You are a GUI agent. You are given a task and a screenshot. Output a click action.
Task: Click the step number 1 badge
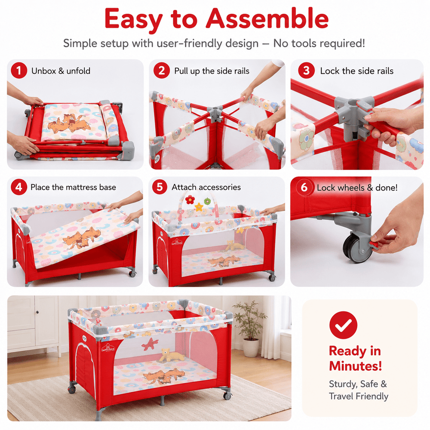(19, 71)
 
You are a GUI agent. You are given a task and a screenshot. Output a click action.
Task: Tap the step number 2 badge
(162, 71)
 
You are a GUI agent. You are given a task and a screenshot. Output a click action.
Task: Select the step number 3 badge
(306, 71)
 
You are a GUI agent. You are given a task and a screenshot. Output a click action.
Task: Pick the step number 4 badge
(19, 187)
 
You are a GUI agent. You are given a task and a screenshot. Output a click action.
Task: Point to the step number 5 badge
(160, 187)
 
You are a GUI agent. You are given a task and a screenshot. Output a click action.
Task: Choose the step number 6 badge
(304, 187)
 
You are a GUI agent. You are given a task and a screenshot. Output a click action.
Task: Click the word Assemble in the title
(267, 18)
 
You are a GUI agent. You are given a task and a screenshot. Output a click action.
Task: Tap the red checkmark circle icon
(343, 325)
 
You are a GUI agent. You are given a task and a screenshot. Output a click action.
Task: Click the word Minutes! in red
(356, 366)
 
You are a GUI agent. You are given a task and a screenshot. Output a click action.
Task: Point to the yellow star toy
(199, 206)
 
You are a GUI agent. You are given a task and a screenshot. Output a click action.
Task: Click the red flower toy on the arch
(190, 200)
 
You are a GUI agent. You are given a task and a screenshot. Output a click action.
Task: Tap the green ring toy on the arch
(208, 201)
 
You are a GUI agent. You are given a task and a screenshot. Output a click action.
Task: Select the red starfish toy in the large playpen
(150, 344)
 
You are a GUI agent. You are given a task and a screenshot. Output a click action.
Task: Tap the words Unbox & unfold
(61, 71)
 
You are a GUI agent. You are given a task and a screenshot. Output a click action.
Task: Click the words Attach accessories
(206, 187)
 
